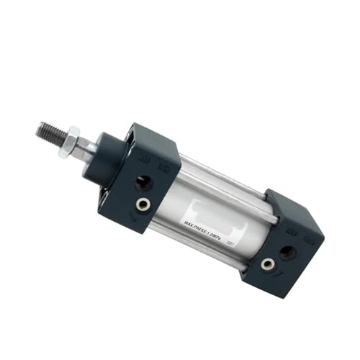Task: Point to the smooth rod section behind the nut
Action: point(87,148)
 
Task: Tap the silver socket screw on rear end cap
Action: point(267,265)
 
